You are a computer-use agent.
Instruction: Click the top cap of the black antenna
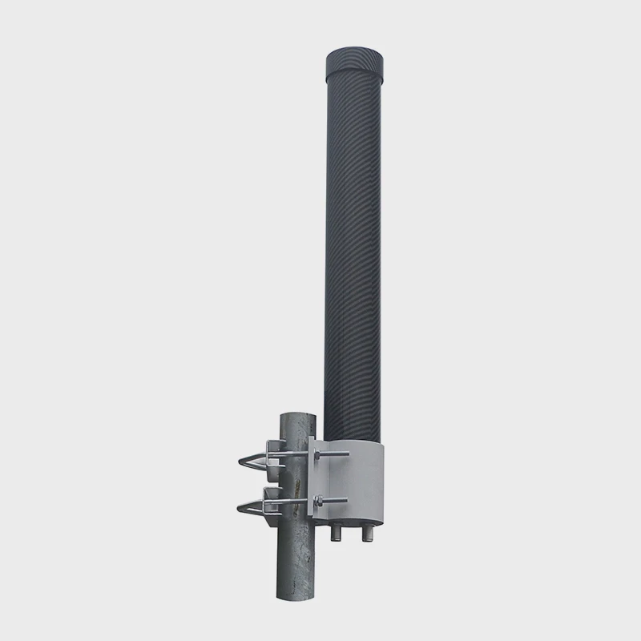pyautogui.click(x=358, y=61)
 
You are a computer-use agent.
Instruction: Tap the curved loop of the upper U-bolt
pyautogui.click(x=244, y=462)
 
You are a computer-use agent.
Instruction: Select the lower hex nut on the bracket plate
pyautogui.click(x=317, y=502)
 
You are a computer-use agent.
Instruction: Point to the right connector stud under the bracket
pyautogui.click(x=369, y=534)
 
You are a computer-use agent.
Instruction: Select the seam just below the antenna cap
pyautogui.click(x=358, y=76)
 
